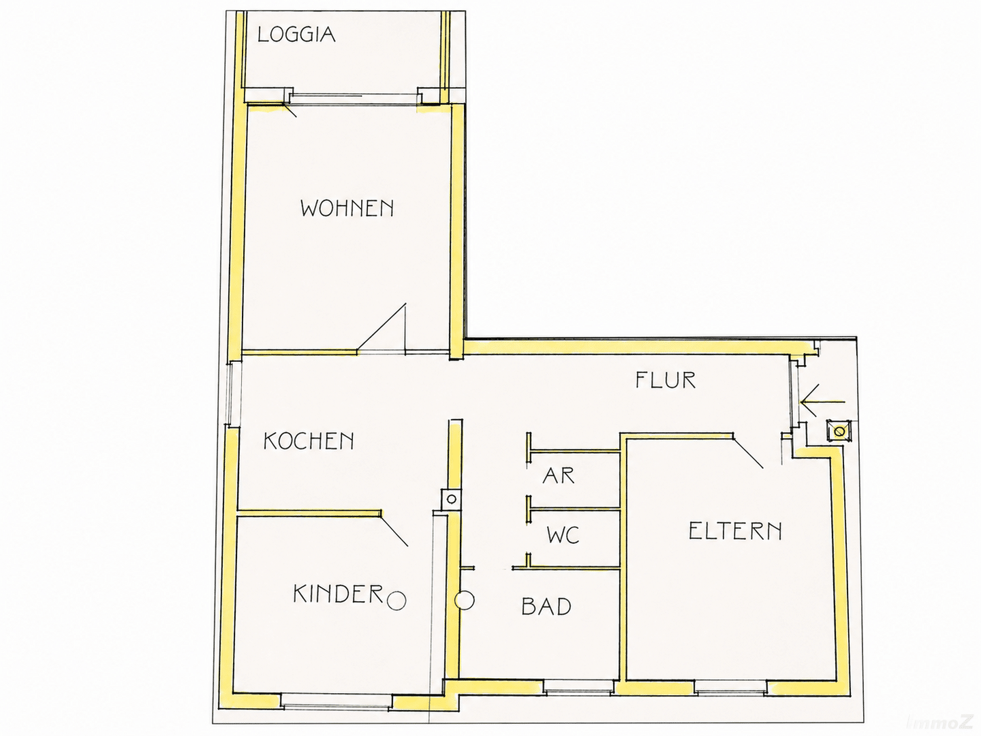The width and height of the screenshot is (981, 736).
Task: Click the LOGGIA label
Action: [296, 35]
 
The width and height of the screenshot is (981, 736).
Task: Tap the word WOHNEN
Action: [347, 209]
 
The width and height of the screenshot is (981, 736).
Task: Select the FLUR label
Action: [666, 380]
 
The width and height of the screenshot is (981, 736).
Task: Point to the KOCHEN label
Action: [309, 441]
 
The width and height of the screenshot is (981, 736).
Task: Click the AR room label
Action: [558, 476]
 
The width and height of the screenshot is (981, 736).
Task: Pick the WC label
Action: [563, 535]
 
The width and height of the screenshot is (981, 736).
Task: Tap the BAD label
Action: [546, 607]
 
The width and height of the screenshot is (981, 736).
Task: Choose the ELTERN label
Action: [735, 532]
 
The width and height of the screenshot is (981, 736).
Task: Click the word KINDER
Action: [339, 594]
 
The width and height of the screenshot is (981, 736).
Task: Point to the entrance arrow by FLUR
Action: [822, 402]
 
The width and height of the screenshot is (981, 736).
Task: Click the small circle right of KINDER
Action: [396, 600]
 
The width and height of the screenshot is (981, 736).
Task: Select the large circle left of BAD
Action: [465, 600]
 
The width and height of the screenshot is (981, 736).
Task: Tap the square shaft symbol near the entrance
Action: [839, 431]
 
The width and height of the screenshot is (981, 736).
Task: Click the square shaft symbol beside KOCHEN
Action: [450, 499]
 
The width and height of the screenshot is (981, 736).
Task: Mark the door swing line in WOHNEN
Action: [381, 328]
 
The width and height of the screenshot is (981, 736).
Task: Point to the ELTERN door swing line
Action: [747, 453]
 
